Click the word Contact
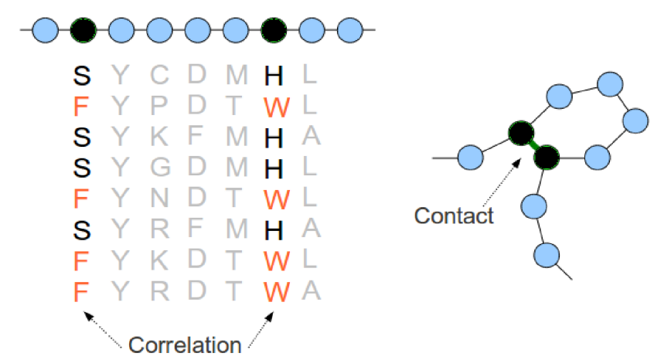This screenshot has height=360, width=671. (x=454, y=215)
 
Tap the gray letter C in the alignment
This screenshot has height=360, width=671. (x=158, y=74)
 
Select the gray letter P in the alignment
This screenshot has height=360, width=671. (x=158, y=104)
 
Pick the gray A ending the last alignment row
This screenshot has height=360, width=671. (x=311, y=290)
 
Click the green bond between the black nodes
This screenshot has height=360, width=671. (x=533, y=145)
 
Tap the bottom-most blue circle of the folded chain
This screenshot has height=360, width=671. (x=547, y=253)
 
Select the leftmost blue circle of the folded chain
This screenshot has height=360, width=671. (x=471, y=158)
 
